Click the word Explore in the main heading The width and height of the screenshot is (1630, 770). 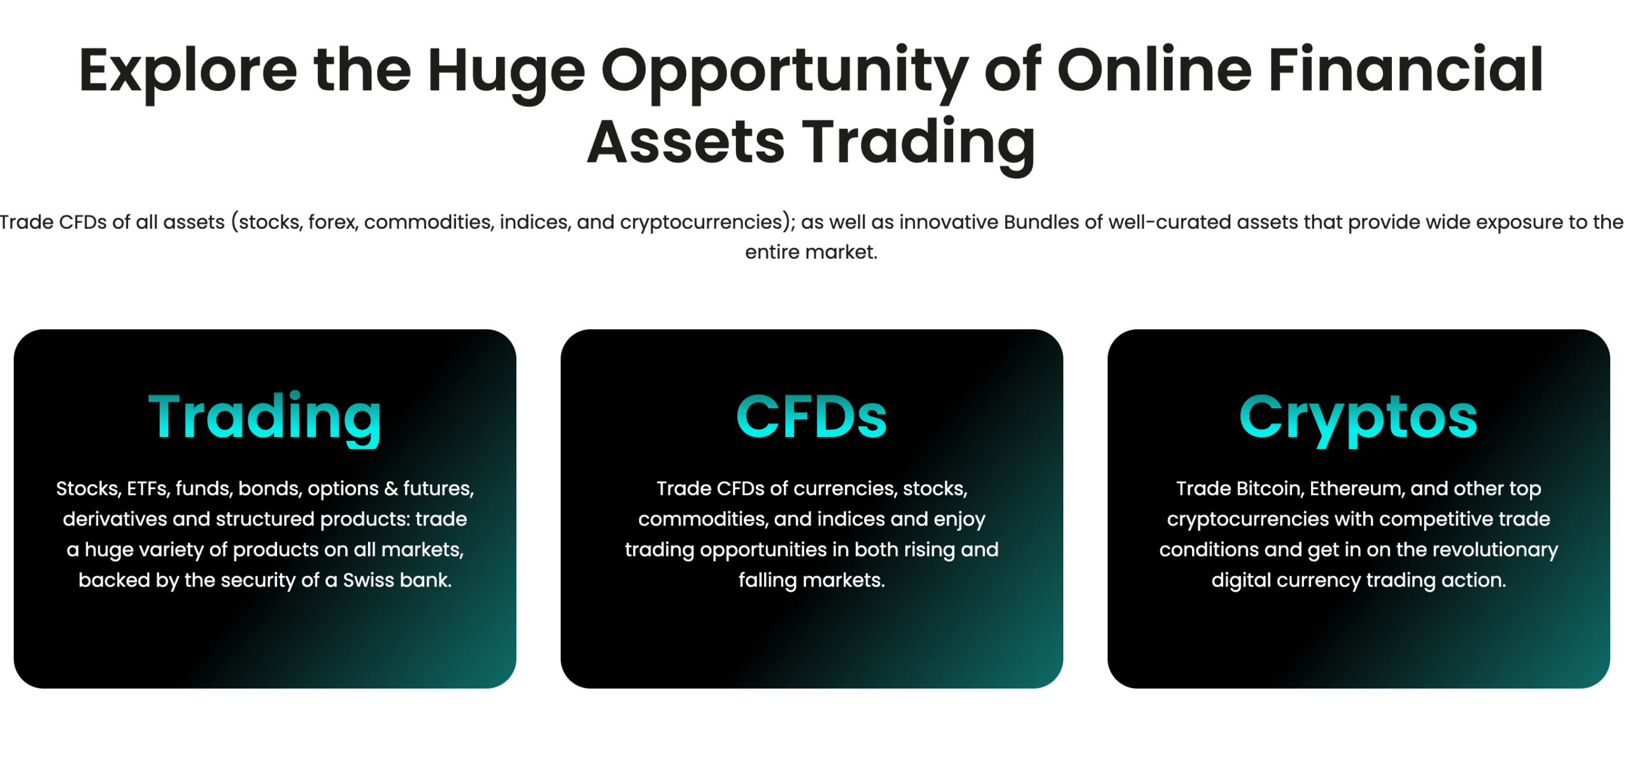tap(188, 71)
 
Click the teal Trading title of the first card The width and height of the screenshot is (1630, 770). tap(264, 418)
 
